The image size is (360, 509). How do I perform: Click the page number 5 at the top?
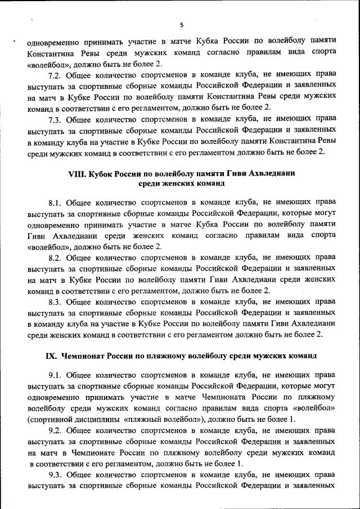181,25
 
